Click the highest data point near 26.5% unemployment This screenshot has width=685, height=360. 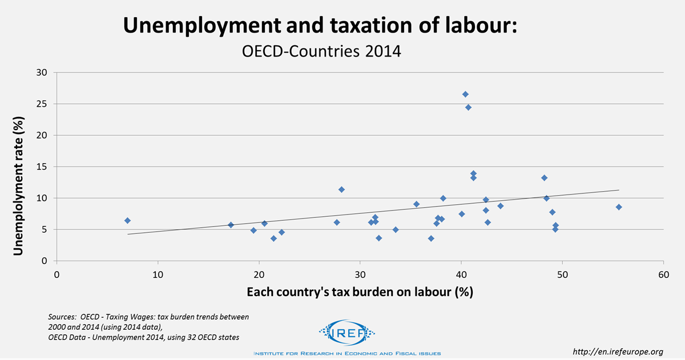(x=465, y=94)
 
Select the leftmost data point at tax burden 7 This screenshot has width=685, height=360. (x=127, y=220)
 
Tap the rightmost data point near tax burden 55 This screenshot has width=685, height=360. (x=619, y=207)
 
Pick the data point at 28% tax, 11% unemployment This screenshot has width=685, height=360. (x=341, y=189)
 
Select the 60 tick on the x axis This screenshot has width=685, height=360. (x=663, y=273)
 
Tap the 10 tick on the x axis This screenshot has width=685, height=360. (x=158, y=273)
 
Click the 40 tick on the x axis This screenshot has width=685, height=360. (x=461, y=273)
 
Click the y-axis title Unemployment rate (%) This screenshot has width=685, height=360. (x=18, y=167)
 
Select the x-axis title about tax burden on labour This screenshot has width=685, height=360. (x=360, y=292)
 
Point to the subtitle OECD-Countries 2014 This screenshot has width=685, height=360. (x=322, y=51)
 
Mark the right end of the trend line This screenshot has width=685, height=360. (x=619, y=190)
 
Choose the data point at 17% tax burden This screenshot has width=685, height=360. (x=231, y=225)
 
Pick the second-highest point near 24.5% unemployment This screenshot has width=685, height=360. (x=468, y=107)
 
